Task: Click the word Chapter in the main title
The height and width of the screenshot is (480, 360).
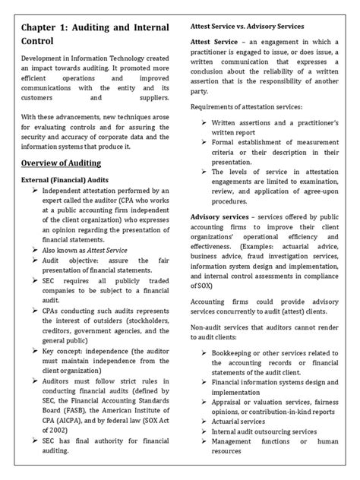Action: pos(45,31)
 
